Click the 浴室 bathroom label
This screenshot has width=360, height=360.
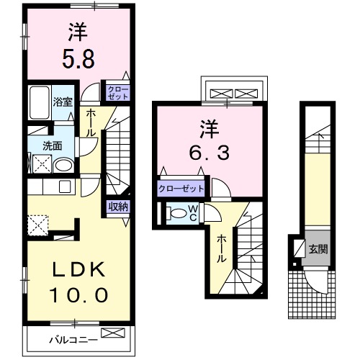point(61,102)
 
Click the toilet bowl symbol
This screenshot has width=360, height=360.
point(176,213)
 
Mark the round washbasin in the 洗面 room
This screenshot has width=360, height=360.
point(63,165)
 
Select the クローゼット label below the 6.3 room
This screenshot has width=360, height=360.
point(181,189)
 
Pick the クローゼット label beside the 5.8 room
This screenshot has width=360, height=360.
point(117,91)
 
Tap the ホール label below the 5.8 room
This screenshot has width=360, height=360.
point(91,123)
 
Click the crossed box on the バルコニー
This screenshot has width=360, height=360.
point(112,333)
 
